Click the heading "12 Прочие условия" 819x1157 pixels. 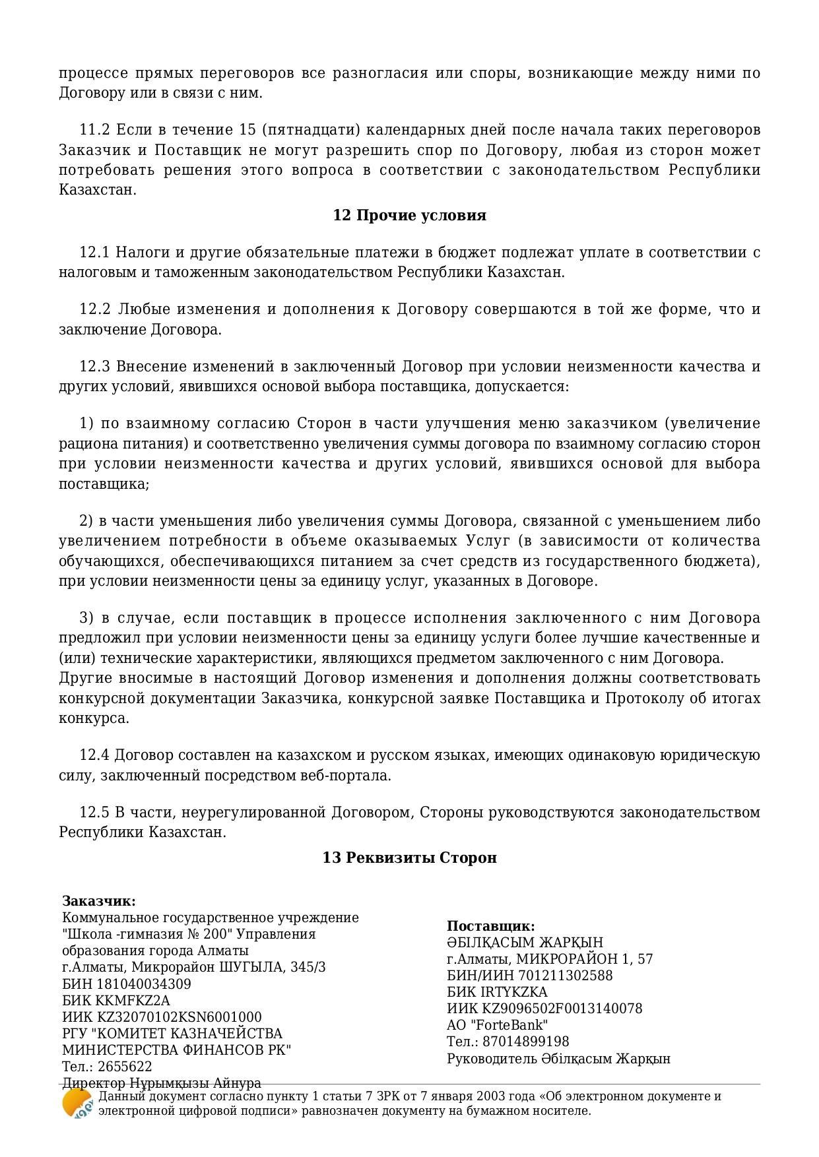pos(409,216)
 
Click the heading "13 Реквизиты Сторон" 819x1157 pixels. pos(409,858)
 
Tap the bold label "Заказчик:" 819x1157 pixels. pos(99,901)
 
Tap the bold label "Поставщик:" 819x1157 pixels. pos(490,926)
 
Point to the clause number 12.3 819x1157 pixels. pos(94,367)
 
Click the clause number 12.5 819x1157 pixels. pos(94,813)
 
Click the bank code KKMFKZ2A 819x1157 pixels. pos(133,1001)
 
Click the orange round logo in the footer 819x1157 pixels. pos(76,1104)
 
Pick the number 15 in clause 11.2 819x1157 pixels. pos(246,129)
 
